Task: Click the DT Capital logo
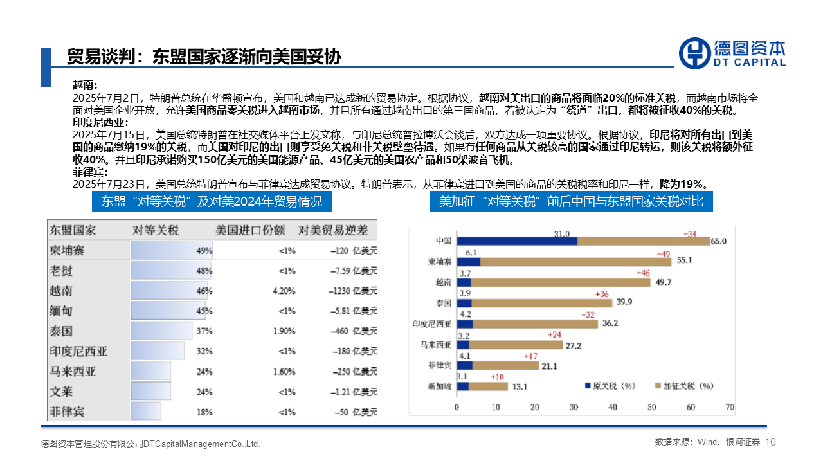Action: (x=732, y=52)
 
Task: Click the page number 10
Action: (x=772, y=442)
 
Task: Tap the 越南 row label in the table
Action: (x=61, y=291)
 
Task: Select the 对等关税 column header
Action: (x=156, y=230)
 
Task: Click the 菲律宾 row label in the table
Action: (x=67, y=412)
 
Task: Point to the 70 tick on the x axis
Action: (x=730, y=407)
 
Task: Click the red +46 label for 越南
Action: (x=642, y=273)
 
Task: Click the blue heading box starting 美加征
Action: (x=571, y=201)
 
